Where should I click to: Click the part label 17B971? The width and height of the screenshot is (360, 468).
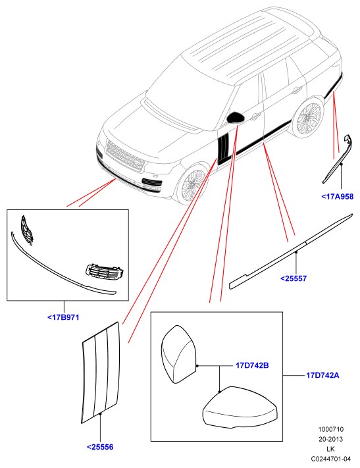(63, 317)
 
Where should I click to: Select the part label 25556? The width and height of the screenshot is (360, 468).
(100, 447)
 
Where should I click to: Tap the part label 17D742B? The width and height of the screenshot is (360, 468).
(252, 365)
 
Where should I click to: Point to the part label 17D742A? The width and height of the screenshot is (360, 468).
(322, 375)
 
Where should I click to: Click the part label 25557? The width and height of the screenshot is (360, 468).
(294, 278)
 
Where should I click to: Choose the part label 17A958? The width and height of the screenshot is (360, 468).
(338, 196)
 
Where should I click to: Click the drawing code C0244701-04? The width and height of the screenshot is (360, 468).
(331, 459)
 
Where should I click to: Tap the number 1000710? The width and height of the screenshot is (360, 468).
(331, 429)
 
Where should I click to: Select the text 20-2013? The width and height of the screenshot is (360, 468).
(331, 439)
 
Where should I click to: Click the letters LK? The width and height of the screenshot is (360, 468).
(331, 449)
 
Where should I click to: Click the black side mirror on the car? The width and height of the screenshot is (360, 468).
(236, 118)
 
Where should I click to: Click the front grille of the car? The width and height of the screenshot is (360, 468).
(126, 156)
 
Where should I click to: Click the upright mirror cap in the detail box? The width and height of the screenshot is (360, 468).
(178, 354)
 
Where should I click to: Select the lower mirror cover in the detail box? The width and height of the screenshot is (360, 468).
(240, 407)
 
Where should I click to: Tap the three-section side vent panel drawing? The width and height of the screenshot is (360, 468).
(101, 372)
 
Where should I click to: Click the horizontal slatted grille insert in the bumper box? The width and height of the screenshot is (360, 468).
(105, 271)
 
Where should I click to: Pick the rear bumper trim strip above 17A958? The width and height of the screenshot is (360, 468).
(338, 159)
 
